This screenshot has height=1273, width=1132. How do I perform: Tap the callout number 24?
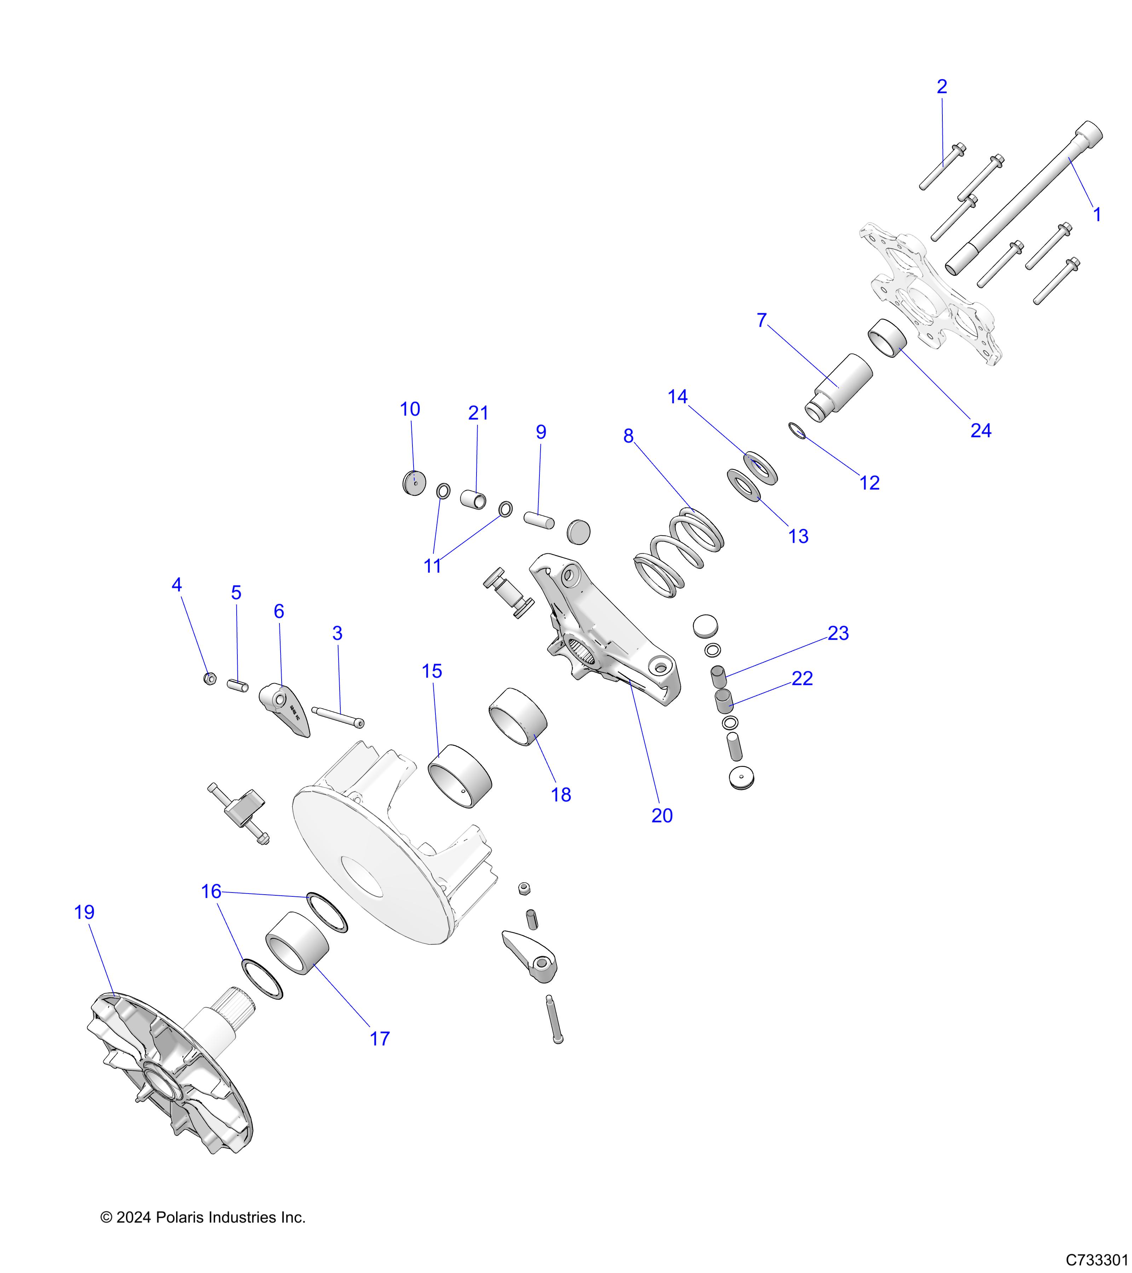[981, 430]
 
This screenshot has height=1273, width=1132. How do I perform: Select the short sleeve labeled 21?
[473, 499]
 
